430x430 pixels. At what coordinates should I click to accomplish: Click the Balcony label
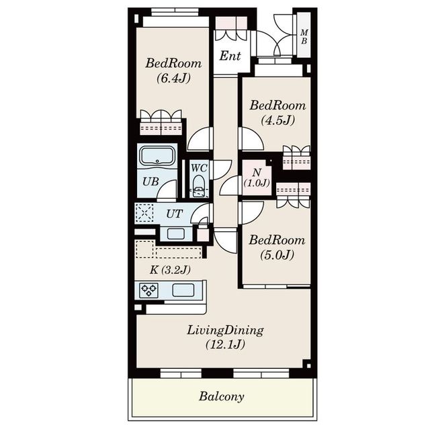pyautogui.click(x=221, y=396)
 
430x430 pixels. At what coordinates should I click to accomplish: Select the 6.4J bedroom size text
pyautogui.click(x=173, y=79)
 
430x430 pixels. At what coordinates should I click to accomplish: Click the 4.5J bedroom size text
pyautogui.click(x=277, y=120)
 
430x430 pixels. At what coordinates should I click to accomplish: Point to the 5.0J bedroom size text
pyautogui.click(x=277, y=255)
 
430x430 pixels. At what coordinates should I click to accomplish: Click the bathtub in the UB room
pyautogui.click(x=157, y=156)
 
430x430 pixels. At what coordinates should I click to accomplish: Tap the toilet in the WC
pyautogui.click(x=199, y=187)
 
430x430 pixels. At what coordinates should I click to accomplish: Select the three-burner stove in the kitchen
pyautogui.click(x=148, y=290)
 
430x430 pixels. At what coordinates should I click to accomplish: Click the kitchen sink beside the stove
pyautogui.click(x=183, y=290)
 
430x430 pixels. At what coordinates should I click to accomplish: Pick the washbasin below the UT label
pyautogui.click(x=176, y=234)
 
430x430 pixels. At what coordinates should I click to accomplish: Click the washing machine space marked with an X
pyautogui.click(x=145, y=213)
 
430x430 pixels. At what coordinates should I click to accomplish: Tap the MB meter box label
pyautogui.click(x=304, y=37)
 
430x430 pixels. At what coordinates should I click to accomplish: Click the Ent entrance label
pyautogui.click(x=230, y=56)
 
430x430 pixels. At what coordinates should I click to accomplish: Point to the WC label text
pyautogui.click(x=199, y=168)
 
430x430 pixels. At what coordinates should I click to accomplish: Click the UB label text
pyautogui.click(x=150, y=181)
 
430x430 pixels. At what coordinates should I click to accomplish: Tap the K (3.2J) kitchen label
pyautogui.click(x=170, y=270)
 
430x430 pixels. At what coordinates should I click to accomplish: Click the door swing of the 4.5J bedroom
pyautogui.click(x=251, y=139)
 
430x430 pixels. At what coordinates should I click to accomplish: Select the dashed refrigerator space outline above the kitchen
pyautogui.click(x=144, y=249)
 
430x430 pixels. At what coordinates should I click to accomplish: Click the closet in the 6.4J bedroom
pyautogui.click(x=161, y=122)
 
